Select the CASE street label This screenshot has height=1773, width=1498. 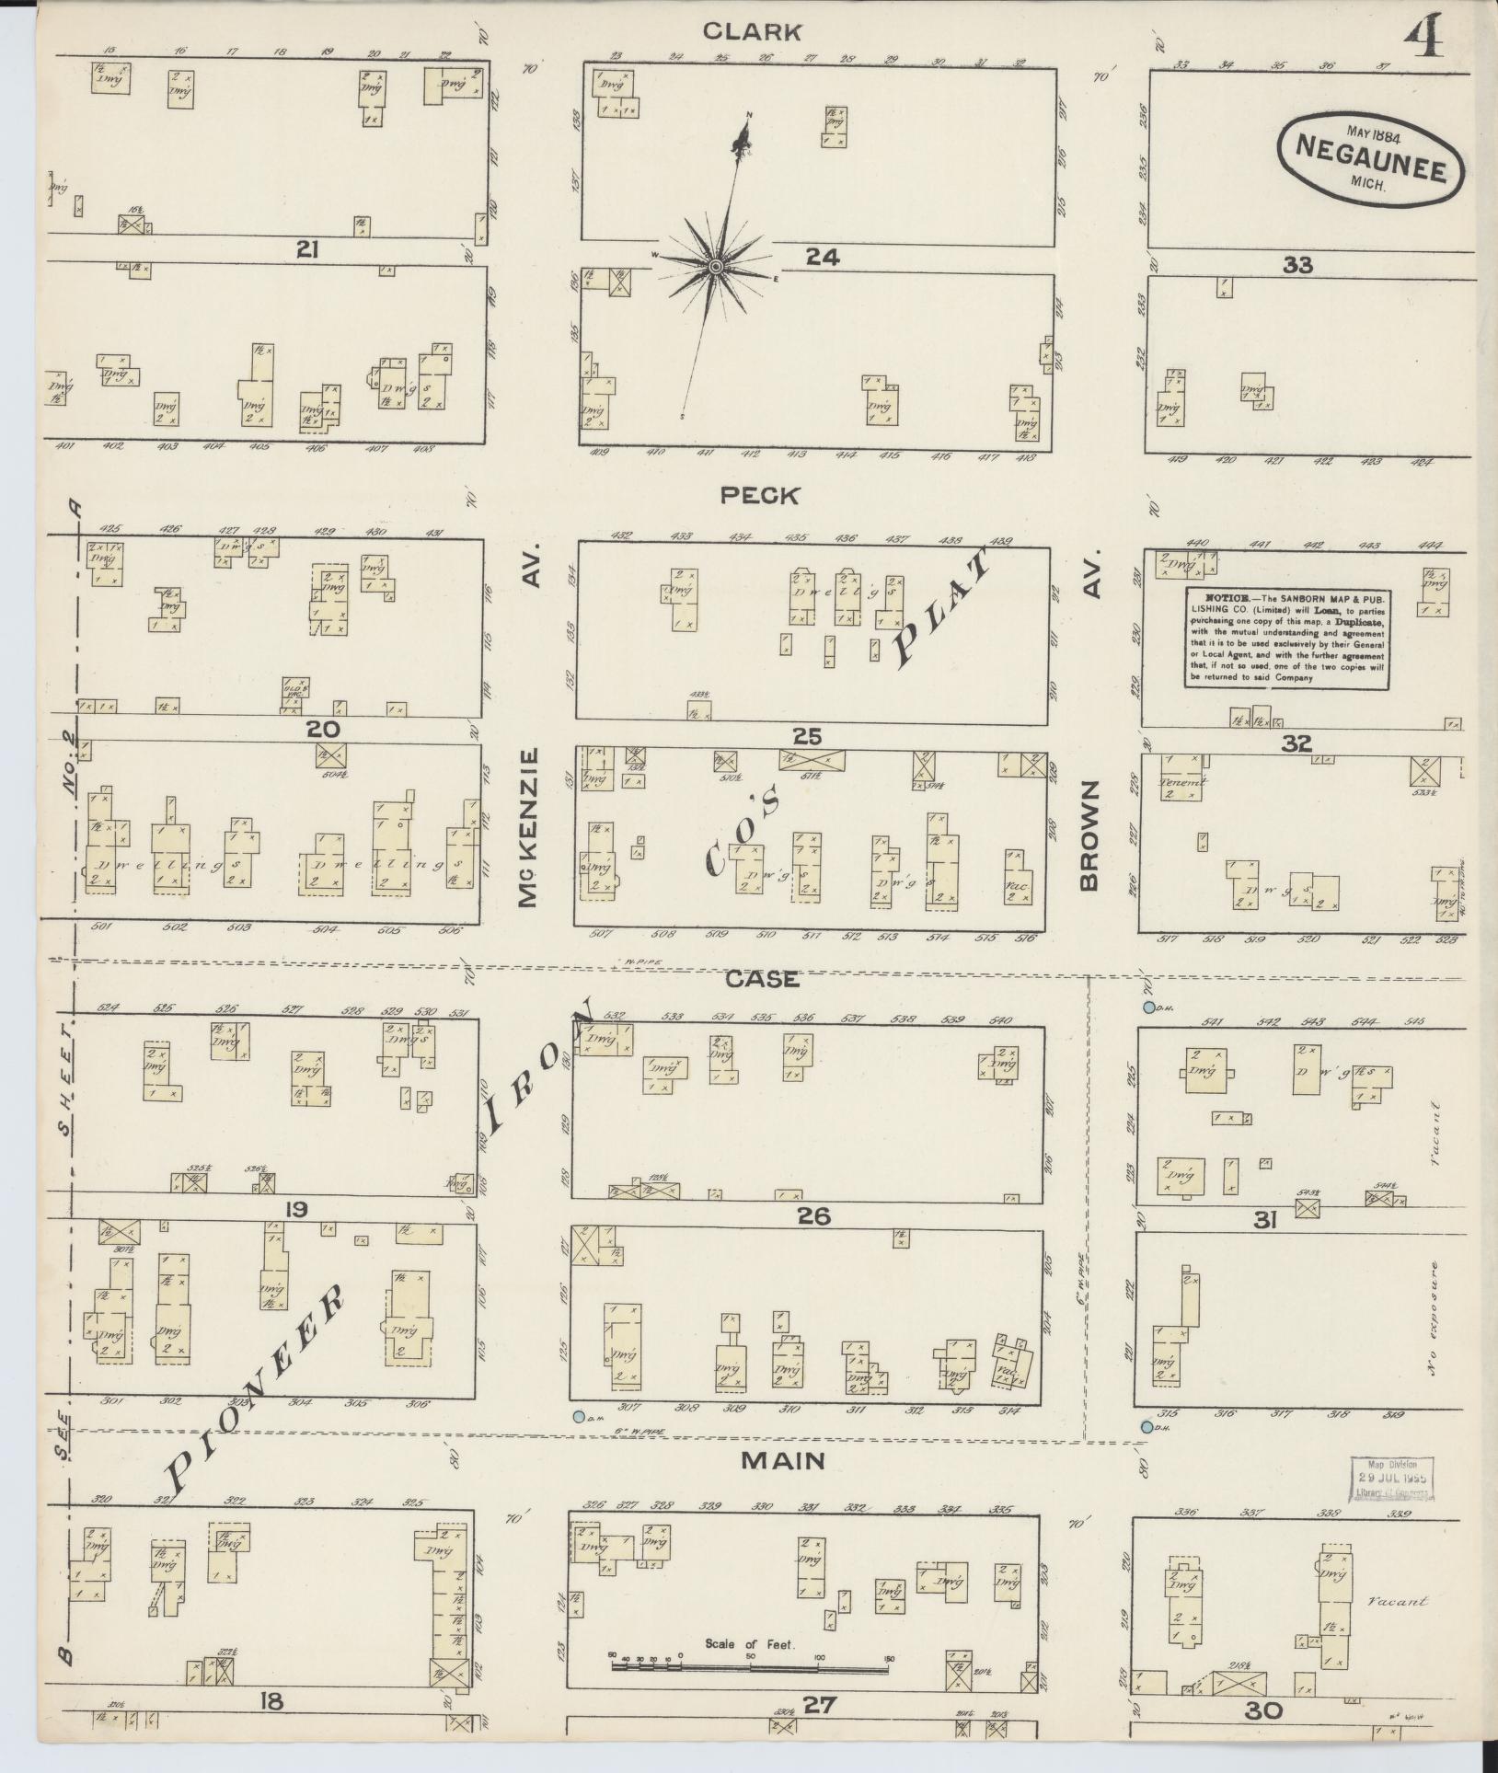(762, 979)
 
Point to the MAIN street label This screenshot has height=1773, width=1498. (782, 1460)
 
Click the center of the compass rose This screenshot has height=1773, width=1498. (714, 267)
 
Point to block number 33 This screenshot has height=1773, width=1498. (1297, 266)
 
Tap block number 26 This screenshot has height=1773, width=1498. (814, 1216)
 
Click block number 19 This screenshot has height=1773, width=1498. (296, 1208)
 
